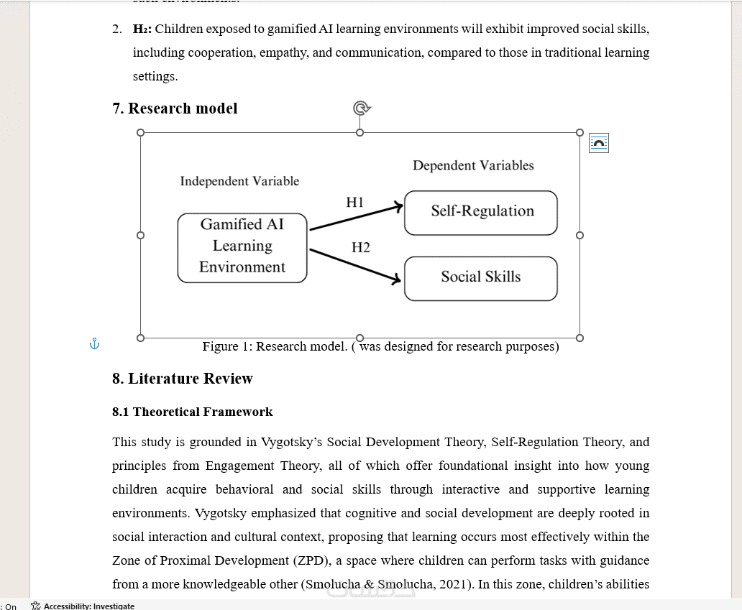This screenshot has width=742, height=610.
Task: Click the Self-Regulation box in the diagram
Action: pyautogui.click(x=481, y=212)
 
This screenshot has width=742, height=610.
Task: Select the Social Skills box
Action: pyautogui.click(x=481, y=277)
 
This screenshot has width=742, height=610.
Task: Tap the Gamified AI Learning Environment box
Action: pyautogui.click(x=242, y=246)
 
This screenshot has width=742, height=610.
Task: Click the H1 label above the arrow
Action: pyautogui.click(x=354, y=203)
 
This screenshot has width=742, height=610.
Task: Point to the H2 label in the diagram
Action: pyautogui.click(x=361, y=248)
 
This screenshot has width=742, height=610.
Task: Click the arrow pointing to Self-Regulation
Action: pyautogui.click(x=356, y=218)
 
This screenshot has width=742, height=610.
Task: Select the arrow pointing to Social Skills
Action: pyautogui.click(x=355, y=264)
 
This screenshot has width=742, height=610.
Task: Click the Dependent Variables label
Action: pyautogui.click(x=473, y=166)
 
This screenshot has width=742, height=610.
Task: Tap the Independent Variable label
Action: pyautogui.click(x=239, y=182)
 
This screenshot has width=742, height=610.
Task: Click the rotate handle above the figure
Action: pyautogui.click(x=361, y=108)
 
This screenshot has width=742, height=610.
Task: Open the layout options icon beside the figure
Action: pyautogui.click(x=599, y=143)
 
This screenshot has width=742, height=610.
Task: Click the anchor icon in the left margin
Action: pyautogui.click(x=94, y=344)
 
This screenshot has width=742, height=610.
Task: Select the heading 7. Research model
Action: pyautogui.click(x=175, y=108)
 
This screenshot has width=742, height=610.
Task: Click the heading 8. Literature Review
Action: pyautogui.click(x=183, y=379)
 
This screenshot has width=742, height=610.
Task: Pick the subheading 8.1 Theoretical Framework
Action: pyautogui.click(x=193, y=412)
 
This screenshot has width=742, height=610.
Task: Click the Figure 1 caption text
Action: pyautogui.click(x=380, y=347)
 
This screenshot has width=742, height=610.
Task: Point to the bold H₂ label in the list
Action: pyautogui.click(x=142, y=29)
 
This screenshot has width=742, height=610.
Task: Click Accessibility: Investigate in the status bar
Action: pyautogui.click(x=88, y=606)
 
